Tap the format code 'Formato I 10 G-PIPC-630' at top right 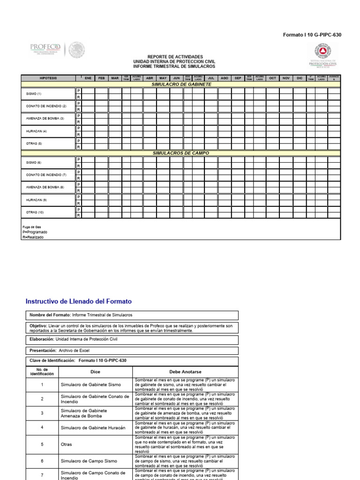pos(312,35)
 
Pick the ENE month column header pos(88,78)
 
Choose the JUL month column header pos(211,78)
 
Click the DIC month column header pos(300,78)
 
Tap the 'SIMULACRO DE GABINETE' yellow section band pos(181,84)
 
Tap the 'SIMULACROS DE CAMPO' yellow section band pos(181,153)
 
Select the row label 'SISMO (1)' pos(34,94)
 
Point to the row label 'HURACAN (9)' pos(36,200)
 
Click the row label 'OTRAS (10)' pos(35,212)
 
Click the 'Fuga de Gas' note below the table pos(32,227)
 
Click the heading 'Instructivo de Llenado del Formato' pos(79,301)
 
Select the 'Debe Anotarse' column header pos(186,372)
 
